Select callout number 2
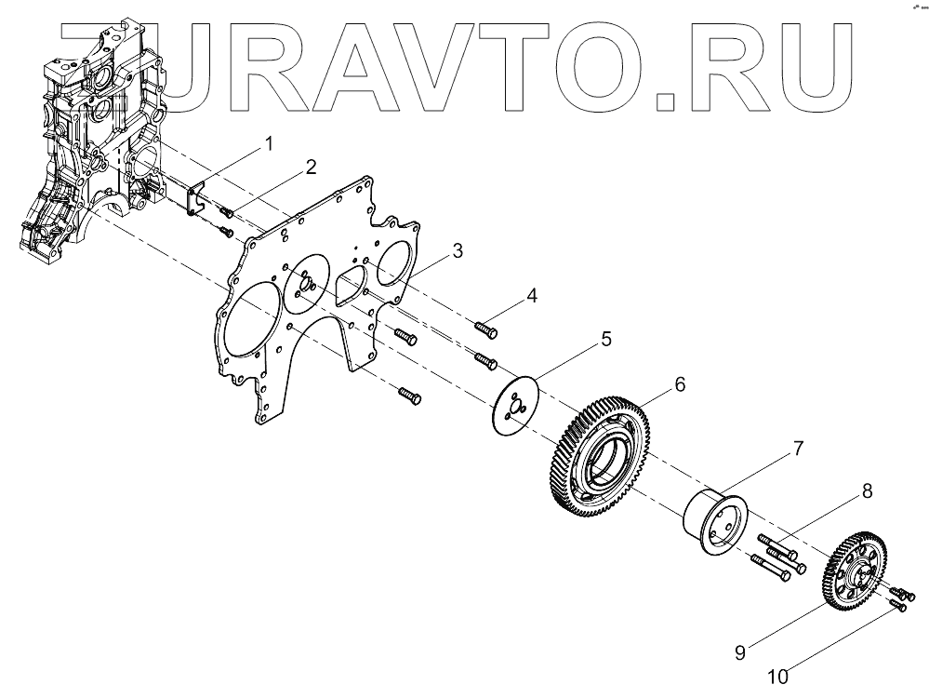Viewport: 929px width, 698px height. tap(311, 168)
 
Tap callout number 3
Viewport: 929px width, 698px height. tap(458, 250)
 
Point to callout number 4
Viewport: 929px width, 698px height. tap(531, 296)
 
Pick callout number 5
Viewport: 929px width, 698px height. tap(605, 339)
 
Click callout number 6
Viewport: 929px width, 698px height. tap(680, 383)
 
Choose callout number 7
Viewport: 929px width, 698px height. tap(797, 449)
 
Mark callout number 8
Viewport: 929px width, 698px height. tap(866, 490)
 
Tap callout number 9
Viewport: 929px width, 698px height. tap(740, 652)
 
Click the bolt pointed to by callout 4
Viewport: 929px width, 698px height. tap(485, 328)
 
